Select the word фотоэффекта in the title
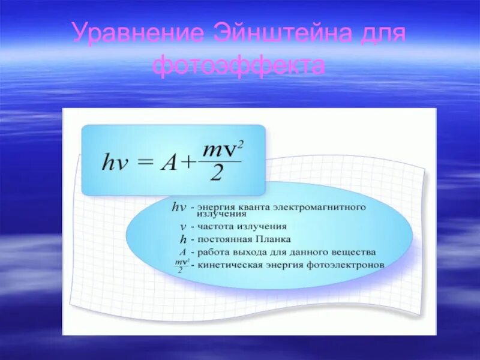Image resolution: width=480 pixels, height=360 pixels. pyautogui.click(x=239, y=65)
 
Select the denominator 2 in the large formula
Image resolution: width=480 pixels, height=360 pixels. pyautogui.click(x=218, y=174)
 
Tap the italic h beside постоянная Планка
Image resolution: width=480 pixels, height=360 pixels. pyautogui.click(x=183, y=239)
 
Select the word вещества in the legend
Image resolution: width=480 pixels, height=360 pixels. pyautogui.click(x=356, y=252)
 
